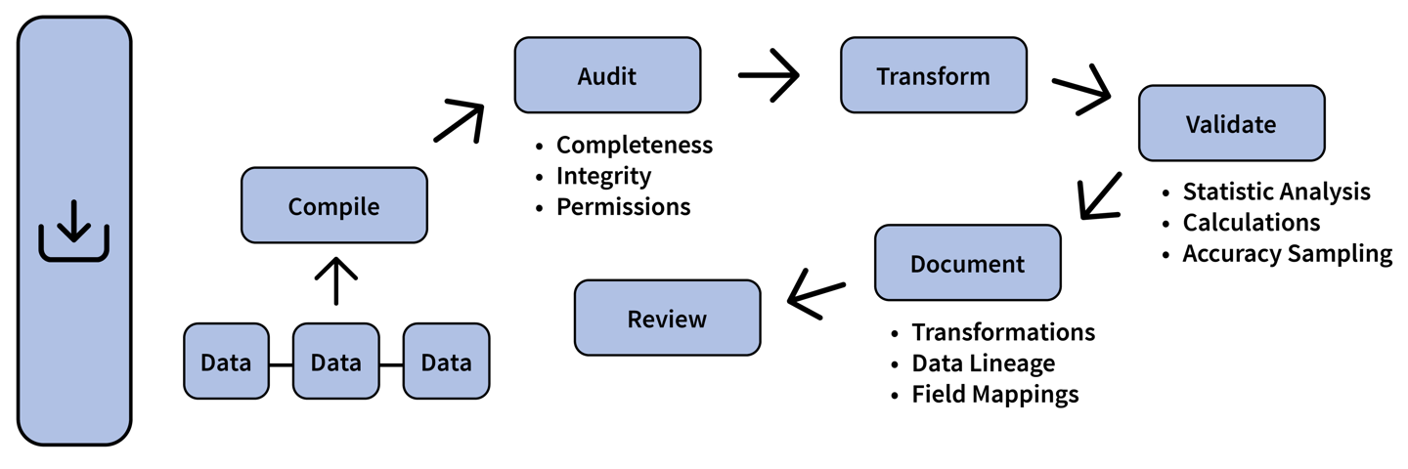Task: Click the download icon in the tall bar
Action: [x=74, y=232]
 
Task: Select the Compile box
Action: [x=333, y=206]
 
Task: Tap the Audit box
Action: [x=607, y=75]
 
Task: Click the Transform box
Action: [x=933, y=75]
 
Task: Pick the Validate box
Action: [x=1231, y=124]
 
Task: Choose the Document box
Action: [x=967, y=263]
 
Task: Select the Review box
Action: [x=667, y=319]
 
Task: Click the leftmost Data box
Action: [x=226, y=362]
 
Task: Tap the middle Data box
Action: [x=335, y=362]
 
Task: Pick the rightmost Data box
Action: [x=446, y=362]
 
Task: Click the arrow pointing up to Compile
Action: [x=334, y=281]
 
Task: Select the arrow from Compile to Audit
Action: [x=460, y=121]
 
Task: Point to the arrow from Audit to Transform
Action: [x=769, y=76]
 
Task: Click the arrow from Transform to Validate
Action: [x=1081, y=92]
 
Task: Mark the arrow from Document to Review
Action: [x=816, y=294]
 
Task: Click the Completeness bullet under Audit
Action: [x=634, y=146]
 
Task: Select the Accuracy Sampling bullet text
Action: [x=1287, y=254]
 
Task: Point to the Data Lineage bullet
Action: [x=983, y=363]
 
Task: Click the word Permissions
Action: [x=623, y=207]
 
